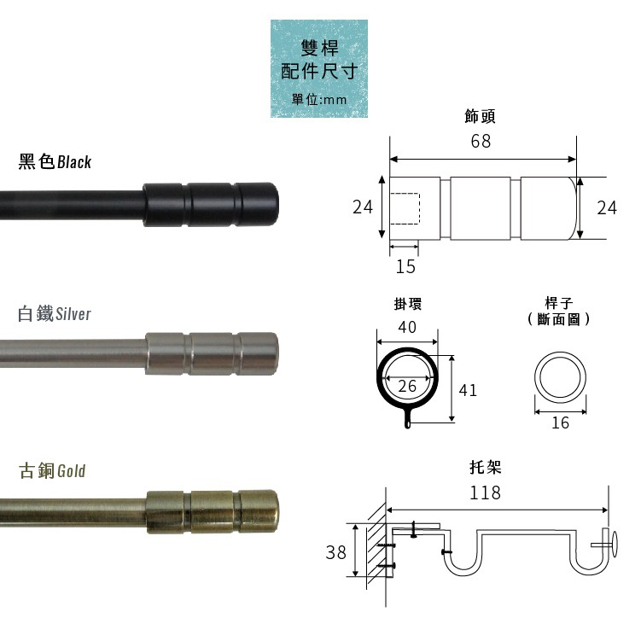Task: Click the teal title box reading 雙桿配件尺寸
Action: (319, 70)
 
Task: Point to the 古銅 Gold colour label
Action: (52, 470)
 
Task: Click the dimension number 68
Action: (481, 142)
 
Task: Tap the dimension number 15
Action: (405, 267)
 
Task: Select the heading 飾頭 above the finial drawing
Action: (481, 115)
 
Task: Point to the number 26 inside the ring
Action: (407, 387)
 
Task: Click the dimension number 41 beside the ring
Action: (468, 390)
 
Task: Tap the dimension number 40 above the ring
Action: (407, 326)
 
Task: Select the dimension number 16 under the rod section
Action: (560, 422)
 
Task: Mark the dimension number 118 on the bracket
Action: (485, 492)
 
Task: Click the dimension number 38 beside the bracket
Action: (336, 552)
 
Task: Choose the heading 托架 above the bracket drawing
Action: (485, 467)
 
